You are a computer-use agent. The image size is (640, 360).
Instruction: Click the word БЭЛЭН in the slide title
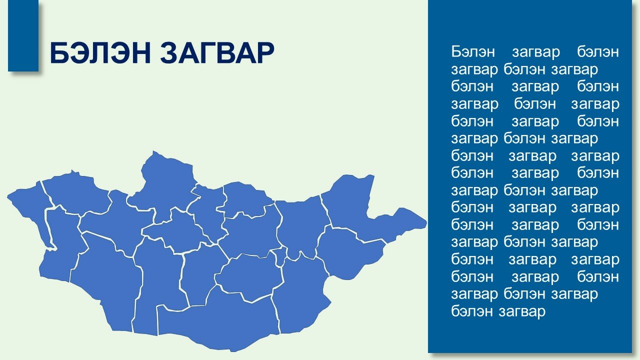[x=100, y=53]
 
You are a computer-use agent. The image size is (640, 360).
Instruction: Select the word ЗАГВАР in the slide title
[x=217, y=53]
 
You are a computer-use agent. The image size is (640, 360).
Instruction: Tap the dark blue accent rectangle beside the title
[x=23, y=35]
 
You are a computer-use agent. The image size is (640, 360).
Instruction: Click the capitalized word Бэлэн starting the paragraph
[x=473, y=51]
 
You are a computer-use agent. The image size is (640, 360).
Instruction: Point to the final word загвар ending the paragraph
[x=522, y=312]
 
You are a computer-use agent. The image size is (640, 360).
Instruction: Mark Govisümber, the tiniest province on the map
[x=280, y=255]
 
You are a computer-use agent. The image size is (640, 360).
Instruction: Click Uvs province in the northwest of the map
[x=75, y=193]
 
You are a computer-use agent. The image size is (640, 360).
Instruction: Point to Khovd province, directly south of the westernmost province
[x=61, y=243]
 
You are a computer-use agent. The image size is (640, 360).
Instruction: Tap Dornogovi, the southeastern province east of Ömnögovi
[x=300, y=294]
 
